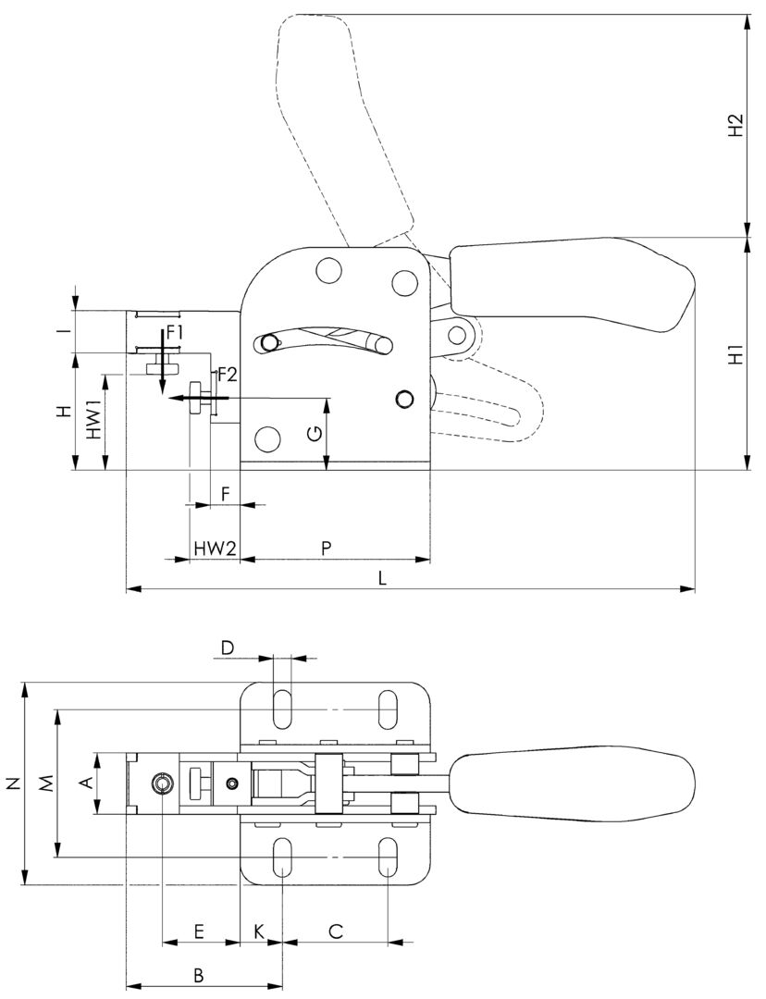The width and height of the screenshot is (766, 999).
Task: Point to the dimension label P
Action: click(x=326, y=548)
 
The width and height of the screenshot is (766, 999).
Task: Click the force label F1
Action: click(x=176, y=330)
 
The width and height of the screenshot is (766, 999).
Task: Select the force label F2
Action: click(x=228, y=375)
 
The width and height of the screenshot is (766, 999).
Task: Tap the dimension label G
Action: click(x=315, y=432)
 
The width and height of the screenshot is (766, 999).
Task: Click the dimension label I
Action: click(x=63, y=330)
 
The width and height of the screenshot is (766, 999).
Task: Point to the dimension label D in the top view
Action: click(x=228, y=646)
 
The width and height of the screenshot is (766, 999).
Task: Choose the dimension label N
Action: click(x=13, y=783)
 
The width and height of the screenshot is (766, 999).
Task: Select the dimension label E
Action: click(x=199, y=931)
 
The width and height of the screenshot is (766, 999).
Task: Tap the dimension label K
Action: click(x=260, y=931)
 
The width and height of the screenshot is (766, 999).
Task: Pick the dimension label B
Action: click(x=198, y=974)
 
